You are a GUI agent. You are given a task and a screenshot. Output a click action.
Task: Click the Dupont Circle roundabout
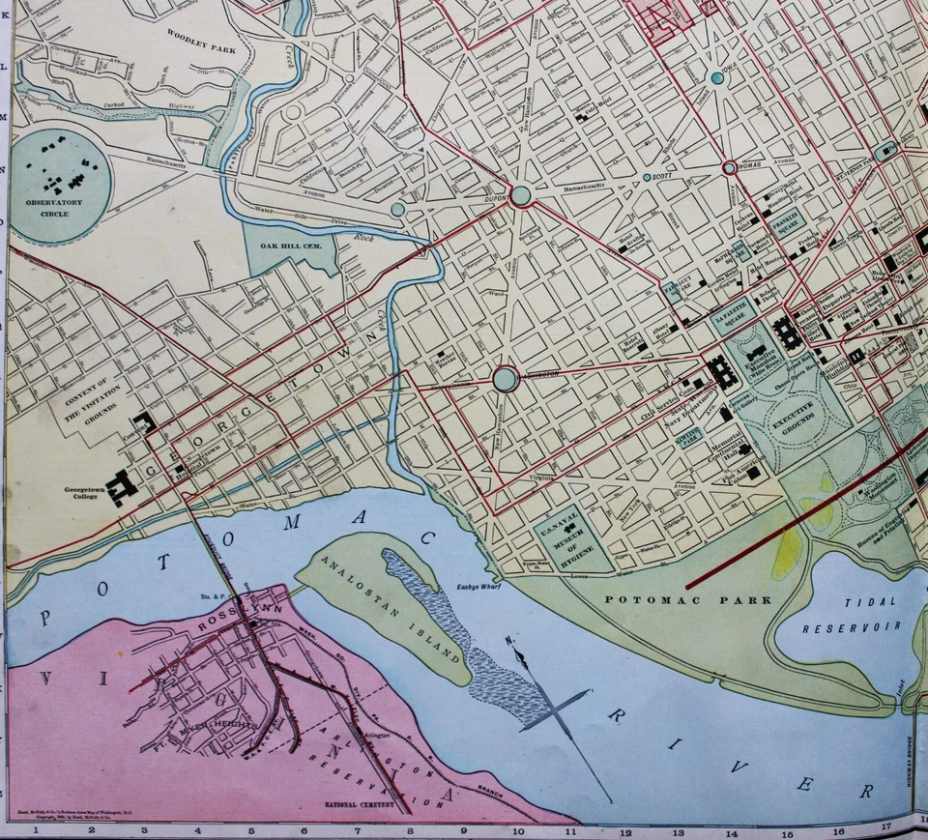pos(521,195)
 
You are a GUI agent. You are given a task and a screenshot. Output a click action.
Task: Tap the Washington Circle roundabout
pos(506,378)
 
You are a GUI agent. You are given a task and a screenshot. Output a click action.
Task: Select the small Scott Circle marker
pos(647,178)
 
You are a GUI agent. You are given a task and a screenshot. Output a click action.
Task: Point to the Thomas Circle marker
pos(730,167)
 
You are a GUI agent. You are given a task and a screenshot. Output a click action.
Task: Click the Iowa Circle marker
pos(716,77)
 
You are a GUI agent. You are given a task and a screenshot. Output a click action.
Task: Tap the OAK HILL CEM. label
pos(290,246)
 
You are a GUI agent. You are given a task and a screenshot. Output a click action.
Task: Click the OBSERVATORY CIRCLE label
pos(54,208)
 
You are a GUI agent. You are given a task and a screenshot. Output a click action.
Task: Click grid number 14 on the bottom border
pos(731,830)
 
